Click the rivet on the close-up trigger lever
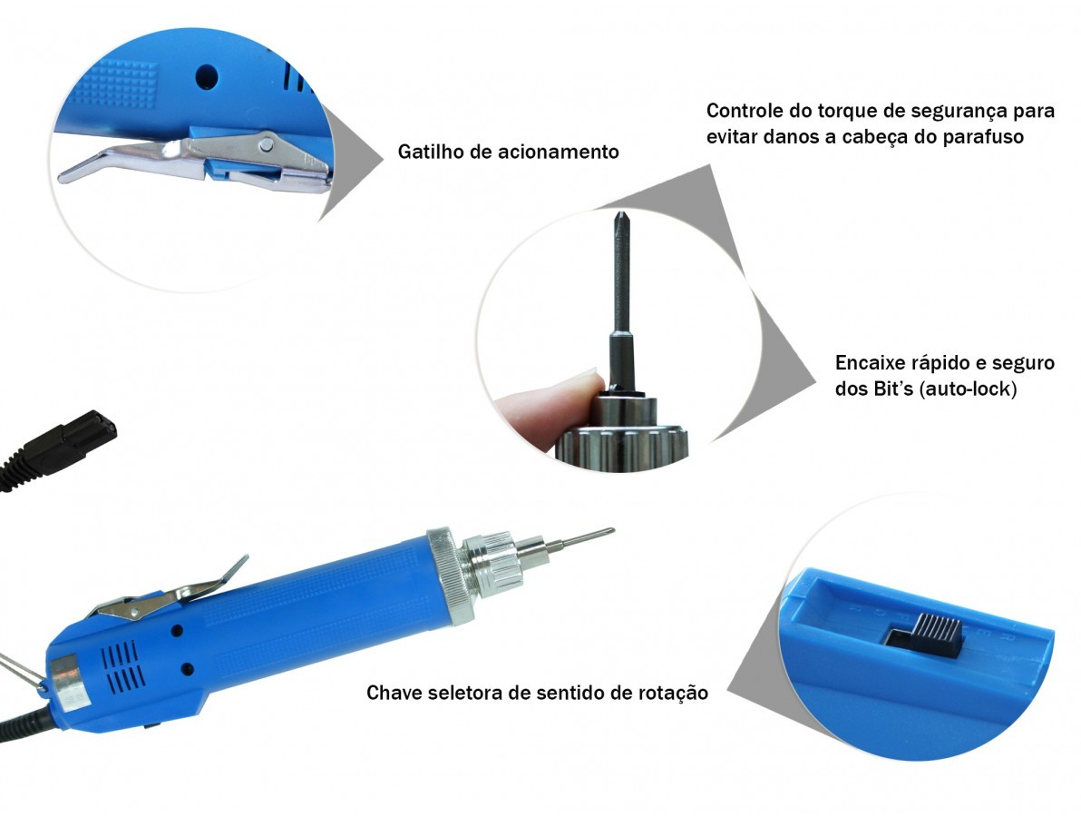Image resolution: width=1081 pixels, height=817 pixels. point(266,144)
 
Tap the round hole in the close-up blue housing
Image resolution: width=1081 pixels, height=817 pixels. point(206,76)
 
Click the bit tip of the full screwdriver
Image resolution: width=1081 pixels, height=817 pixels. point(609,531)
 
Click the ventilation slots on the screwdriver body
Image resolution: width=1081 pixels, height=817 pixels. point(122,666)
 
